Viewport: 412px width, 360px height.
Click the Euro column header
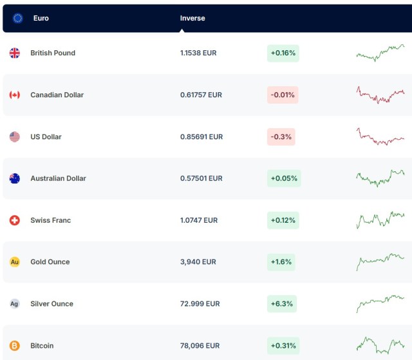pos(41,18)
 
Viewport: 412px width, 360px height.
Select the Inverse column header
pos(192,18)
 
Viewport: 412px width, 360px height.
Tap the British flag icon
pos(15,53)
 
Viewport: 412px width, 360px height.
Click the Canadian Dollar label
pos(57,95)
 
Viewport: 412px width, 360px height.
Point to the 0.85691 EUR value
pos(201,137)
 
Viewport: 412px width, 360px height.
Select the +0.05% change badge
pos(284,178)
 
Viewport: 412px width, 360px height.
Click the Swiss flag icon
pos(15,220)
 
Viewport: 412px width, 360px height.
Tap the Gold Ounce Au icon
pos(15,262)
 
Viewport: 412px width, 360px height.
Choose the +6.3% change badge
pos(283,304)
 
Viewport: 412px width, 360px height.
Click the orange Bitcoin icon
pos(15,346)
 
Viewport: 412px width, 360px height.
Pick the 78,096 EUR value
pos(200,346)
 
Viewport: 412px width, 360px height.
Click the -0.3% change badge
pos(281,137)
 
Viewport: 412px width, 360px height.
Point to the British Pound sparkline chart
pos(380,53)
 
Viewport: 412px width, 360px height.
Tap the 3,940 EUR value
pos(198,262)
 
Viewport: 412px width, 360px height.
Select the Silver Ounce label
pos(51,304)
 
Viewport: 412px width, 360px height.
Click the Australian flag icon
pos(15,178)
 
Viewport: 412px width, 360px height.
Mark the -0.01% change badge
pos(283,95)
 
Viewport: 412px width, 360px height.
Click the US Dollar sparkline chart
pos(380,137)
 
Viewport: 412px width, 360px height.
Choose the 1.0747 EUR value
pos(199,220)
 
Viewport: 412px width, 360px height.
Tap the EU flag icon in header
pos(18,18)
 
